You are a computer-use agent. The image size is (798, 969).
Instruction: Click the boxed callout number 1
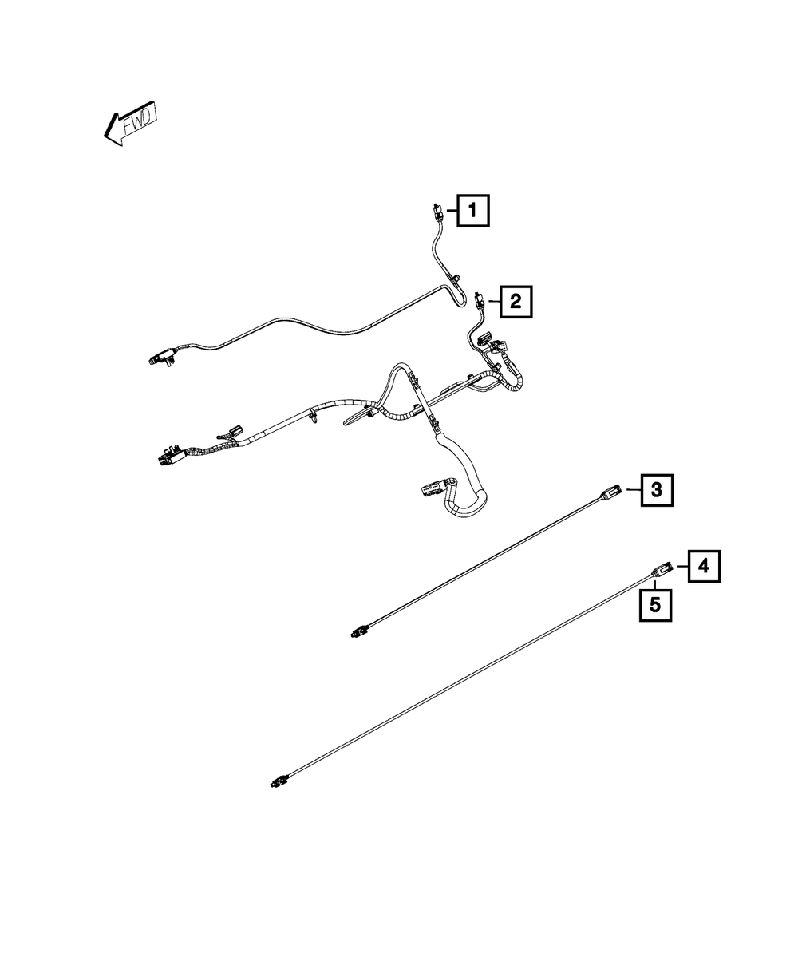[x=472, y=211]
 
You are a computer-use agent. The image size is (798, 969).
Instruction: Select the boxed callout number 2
[x=516, y=302]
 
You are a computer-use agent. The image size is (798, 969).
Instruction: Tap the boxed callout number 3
[x=657, y=489]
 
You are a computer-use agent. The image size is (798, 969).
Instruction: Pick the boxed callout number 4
[x=704, y=566]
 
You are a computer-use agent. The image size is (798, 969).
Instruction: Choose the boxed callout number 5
[x=655, y=605]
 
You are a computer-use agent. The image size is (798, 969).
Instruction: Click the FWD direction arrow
[x=130, y=123]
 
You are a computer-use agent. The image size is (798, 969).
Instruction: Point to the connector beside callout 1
[x=437, y=213]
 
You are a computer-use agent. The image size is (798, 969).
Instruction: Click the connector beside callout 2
[x=480, y=301]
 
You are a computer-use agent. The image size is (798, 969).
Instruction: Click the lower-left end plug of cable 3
[x=358, y=632]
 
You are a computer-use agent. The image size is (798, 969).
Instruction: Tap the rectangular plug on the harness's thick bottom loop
[x=432, y=491]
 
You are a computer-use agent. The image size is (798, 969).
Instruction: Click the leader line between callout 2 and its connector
[x=493, y=302]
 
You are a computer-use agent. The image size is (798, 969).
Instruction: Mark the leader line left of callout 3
[x=634, y=489]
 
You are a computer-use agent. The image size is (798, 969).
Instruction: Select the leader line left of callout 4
[x=682, y=566]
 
